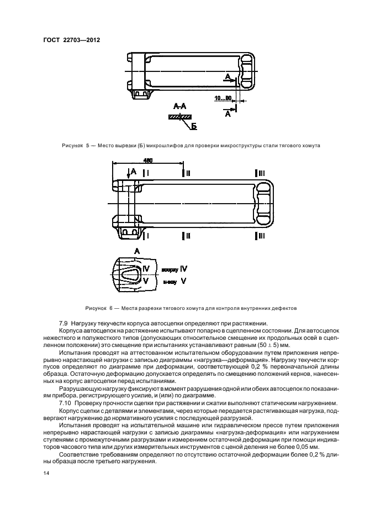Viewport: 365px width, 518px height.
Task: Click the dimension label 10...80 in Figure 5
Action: point(222,99)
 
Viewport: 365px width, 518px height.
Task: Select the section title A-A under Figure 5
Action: point(179,106)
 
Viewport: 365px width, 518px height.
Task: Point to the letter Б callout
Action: point(194,127)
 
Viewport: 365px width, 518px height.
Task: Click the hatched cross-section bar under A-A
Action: point(179,117)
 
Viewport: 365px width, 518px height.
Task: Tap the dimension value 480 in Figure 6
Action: point(148,160)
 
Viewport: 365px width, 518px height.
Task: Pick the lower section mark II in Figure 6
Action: point(186,236)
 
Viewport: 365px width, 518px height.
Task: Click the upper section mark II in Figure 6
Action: point(186,173)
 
